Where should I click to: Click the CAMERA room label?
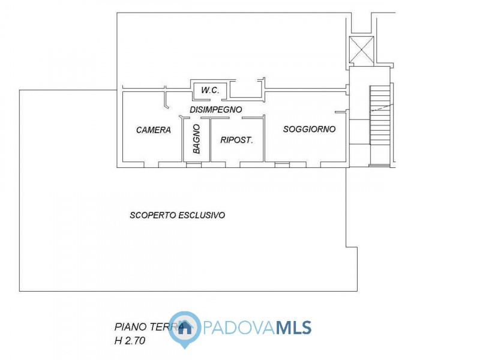(x=154, y=130)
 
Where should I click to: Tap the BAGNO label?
(x=196, y=140)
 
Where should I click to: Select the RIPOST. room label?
(x=237, y=140)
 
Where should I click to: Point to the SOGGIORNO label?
(x=309, y=129)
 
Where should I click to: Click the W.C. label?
(x=210, y=90)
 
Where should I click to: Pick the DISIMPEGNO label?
(x=215, y=110)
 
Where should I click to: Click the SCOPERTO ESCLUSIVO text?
(x=178, y=215)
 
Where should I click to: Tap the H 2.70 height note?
(x=130, y=340)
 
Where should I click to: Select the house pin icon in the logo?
(x=185, y=329)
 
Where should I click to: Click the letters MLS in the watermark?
(x=293, y=328)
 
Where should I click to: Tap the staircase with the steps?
(x=380, y=123)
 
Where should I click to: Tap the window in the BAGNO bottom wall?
(x=194, y=164)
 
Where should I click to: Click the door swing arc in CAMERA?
(x=166, y=102)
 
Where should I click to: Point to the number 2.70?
(x=135, y=340)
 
